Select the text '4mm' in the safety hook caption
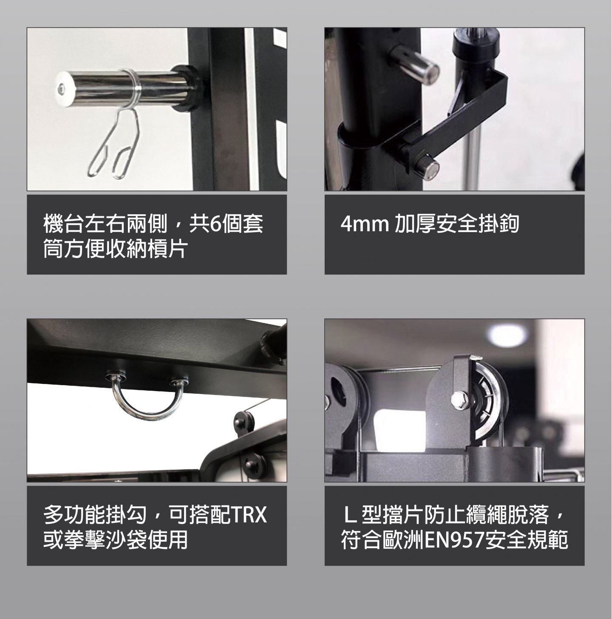tap(365, 224)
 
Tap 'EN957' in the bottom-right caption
tap(455, 540)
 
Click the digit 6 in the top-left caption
tap(214, 224)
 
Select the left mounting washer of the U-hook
tap(113, 375)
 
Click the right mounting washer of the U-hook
tap(178, 382)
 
